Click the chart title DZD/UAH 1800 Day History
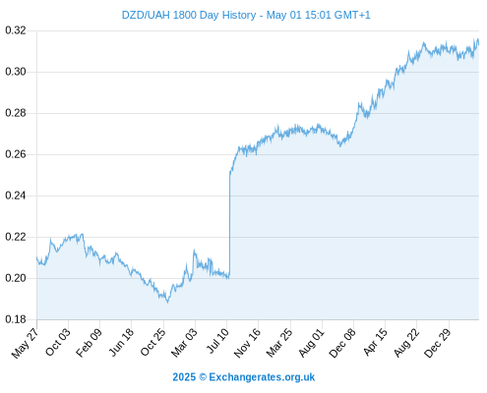[x=189, y=15]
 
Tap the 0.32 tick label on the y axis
[x=16, y=30]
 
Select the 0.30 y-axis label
[x=16, y=72]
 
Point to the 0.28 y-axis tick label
[x=16, y=113]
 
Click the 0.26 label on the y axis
[x=16, y=154]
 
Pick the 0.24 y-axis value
[x=16, y=196]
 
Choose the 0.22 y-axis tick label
[x=16, y=237]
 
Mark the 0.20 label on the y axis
[x=16, y=278]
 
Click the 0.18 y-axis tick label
[x=16, y=319]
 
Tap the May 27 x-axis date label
[x=25, y=343]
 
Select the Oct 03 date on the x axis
[x=57, y=342]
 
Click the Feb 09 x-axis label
[x=89, y=343]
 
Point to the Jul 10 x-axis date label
[x=217, y=341]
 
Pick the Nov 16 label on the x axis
[x=247, y=343]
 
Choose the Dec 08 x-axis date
[x=342, y=343]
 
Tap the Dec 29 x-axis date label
[x=438, y=343]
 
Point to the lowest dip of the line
[x=167, y=302]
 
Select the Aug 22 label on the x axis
[x=406, y=343]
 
